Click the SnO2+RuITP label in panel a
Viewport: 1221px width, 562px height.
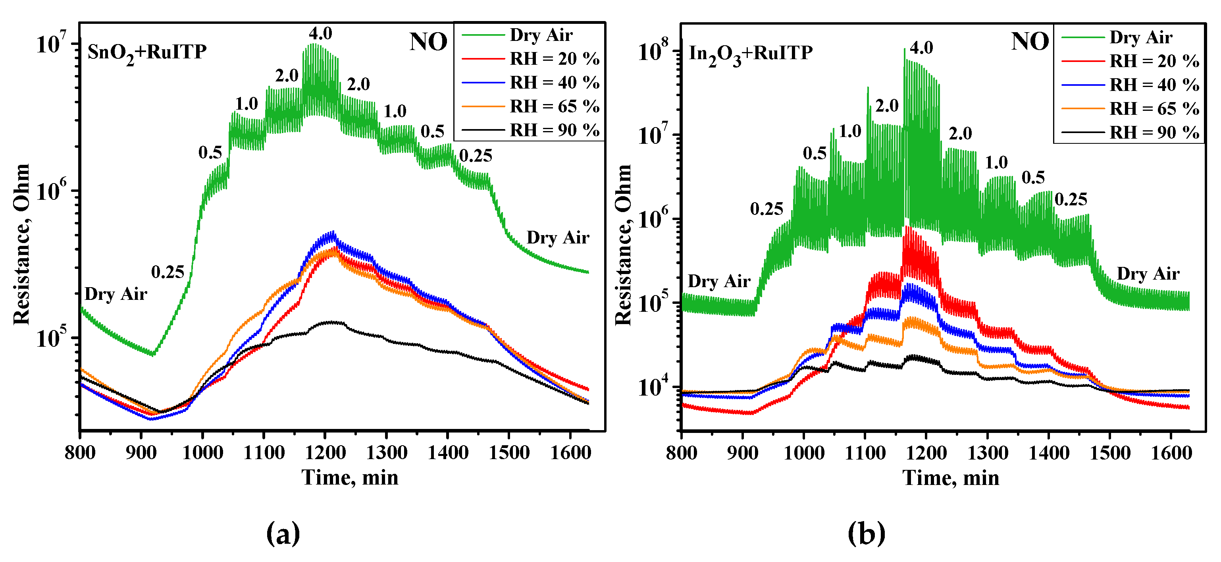click(147, 52)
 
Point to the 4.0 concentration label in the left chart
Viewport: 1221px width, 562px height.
click(320, 34)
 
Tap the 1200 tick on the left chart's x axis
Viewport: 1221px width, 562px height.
click(325, 452)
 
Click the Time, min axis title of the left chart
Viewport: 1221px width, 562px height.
click(350, 477)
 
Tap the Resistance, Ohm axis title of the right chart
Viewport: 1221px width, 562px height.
click(623, 245)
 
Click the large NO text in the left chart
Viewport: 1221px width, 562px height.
click(428, 42)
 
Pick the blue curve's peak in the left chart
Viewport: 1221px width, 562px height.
click(333, 233)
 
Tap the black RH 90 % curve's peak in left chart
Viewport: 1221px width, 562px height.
click(332, 322)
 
